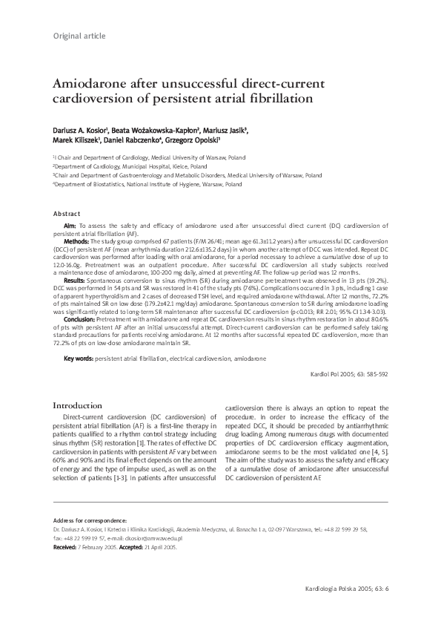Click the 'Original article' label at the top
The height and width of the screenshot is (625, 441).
pos(79,36)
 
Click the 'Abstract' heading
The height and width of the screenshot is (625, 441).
pos(67,213)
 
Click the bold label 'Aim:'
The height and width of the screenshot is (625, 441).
pos(70,225)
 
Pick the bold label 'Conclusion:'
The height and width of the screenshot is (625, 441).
pos(79,318)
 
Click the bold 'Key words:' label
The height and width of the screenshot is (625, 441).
pos(78,359)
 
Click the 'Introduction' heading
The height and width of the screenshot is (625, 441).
pos(77,406)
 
